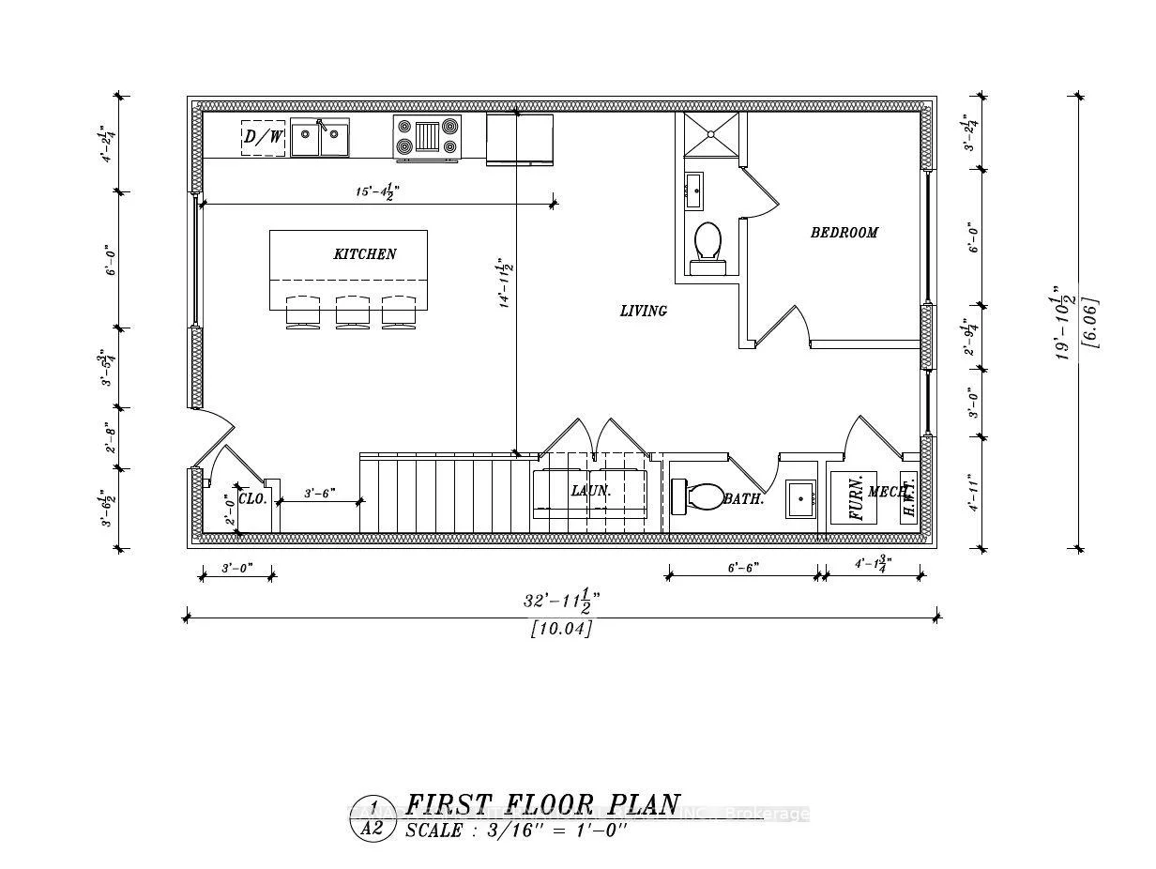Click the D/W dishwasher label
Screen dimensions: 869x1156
click(x=263, y=138)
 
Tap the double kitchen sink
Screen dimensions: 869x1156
click(x=319, y=139)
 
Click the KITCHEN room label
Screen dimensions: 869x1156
click(x=365, y=254)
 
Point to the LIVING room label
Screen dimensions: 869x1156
click(x=644, y=311)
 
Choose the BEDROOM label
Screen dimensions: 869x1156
click(x=844, y=233)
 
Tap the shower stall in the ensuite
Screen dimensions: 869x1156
click(x=710, y=134)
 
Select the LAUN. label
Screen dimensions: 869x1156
click(x=591, y=491)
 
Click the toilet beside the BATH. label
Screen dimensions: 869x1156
click(x=695, y=495)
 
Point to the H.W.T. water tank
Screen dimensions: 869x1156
click(x=908, y=497)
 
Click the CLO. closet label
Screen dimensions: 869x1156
click(x=252, y=499)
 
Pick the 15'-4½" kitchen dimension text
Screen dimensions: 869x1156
click(x=377, y=191)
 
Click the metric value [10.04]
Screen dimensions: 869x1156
click(x=561, y=629)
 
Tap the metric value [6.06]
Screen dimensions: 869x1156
click(x=1090, y=323)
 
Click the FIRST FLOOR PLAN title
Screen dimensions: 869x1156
click(x=542, y=805)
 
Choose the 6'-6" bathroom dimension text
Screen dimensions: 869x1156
click(x=743, y=567)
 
